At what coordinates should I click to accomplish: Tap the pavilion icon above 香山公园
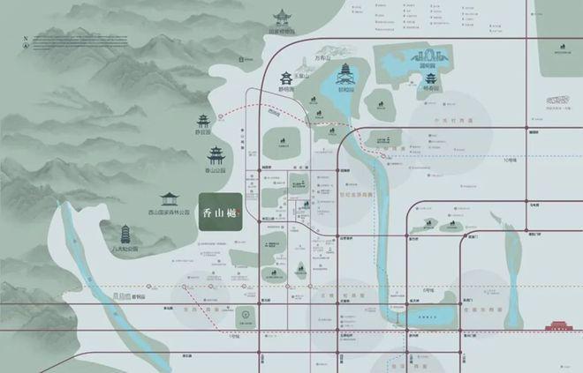(x=216, y=156)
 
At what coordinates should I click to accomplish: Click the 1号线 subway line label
(x=235, y=337)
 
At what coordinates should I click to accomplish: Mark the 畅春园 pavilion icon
(x=430, y=79)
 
